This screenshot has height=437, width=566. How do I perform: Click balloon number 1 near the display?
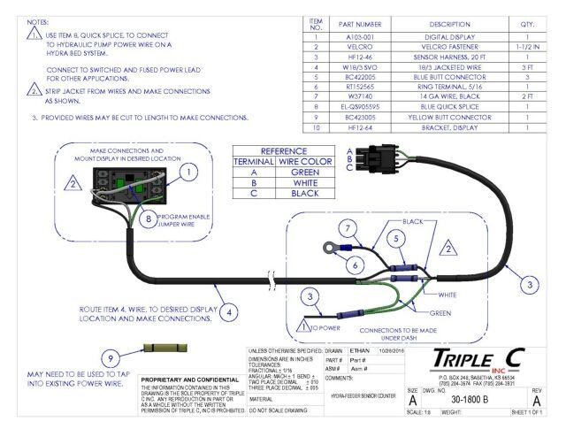(187, 172)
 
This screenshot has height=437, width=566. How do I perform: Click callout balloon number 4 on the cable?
(228, 311)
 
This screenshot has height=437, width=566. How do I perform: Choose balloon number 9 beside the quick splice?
(110, 358)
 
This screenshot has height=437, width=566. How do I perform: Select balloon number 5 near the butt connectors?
(397, 238)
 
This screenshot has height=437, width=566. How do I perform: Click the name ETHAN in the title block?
(360, 350)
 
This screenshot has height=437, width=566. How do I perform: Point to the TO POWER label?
(326, 326)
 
